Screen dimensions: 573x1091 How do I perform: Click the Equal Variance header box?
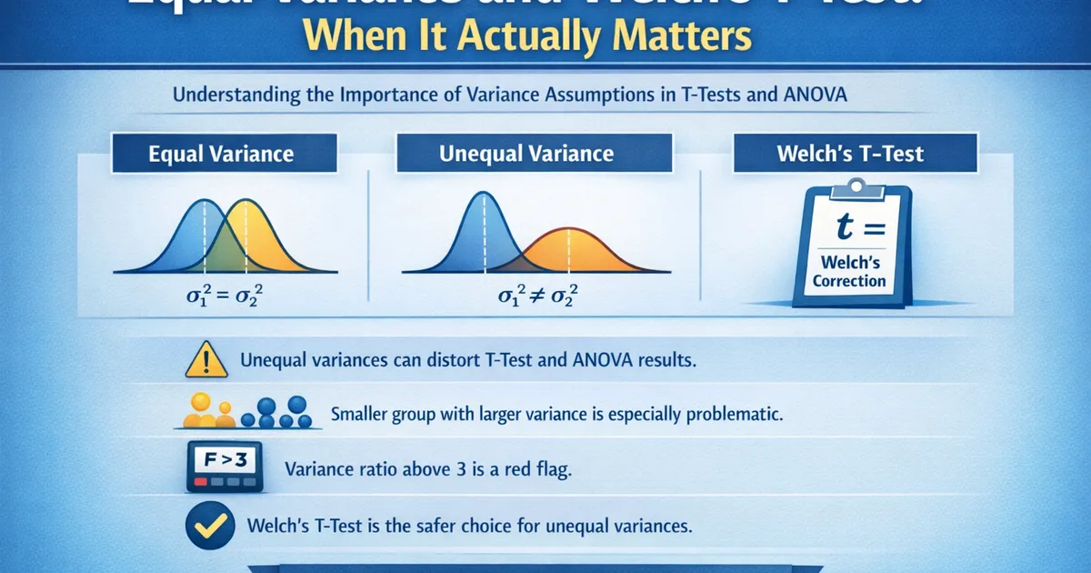(221, 153)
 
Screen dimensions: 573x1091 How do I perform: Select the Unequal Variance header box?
(526, 153)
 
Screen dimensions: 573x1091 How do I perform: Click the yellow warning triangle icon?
(206, 361)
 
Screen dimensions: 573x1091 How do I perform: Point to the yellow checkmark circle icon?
(205, 525)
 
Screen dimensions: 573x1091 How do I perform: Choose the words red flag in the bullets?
(535, 470)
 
